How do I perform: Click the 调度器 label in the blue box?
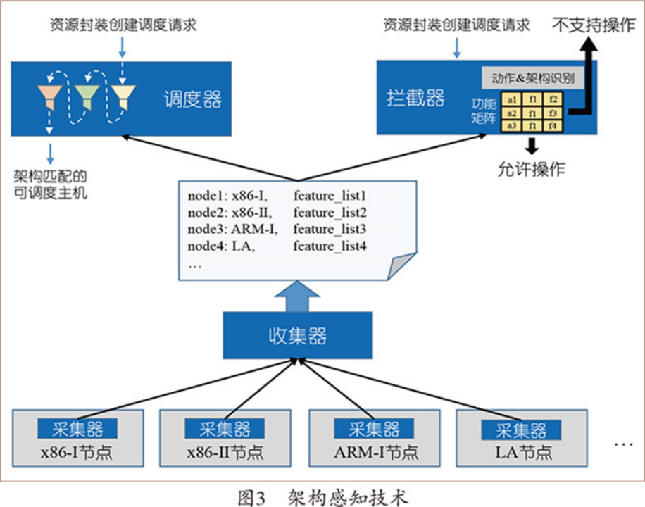click(x=192, y=99)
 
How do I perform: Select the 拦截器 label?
click(x=415, y=98)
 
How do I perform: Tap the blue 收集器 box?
click(x=298, y=335)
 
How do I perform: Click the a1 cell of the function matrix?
click(x=512, y=99)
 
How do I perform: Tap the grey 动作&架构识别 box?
click(x=533, y=77)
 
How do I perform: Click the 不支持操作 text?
click(x=594, y=25)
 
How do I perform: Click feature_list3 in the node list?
click(x=331, y=229)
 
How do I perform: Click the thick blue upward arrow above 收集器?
click(x=298, y=295)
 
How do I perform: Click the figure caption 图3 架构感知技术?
click(x=323, y=497)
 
